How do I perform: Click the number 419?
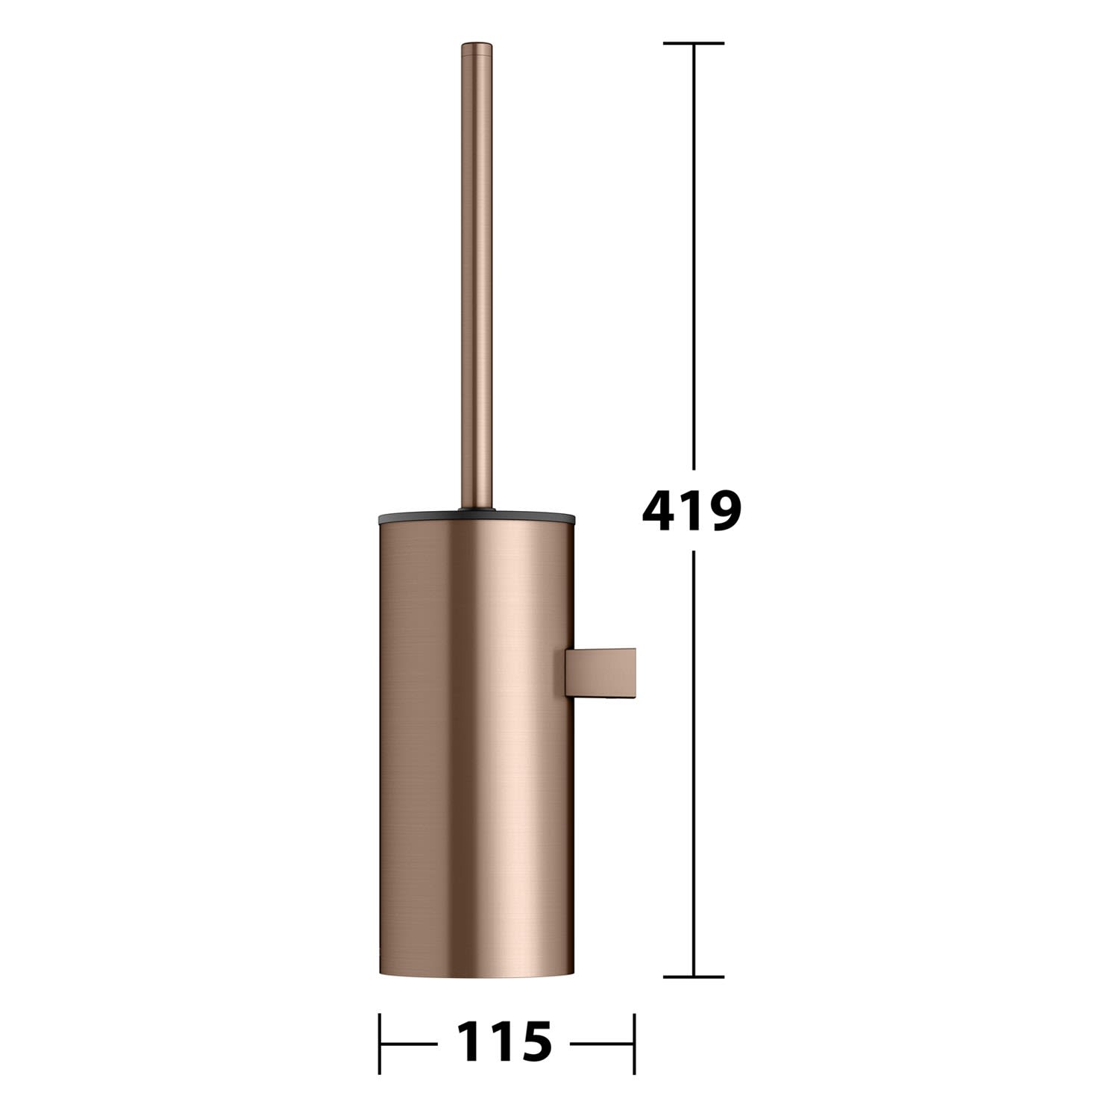(692, 511)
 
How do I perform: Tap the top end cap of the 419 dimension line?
(694, 43)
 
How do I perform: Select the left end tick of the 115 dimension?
(380, 1043)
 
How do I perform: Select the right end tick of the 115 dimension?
(633, 1043)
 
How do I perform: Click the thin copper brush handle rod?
(477, 276)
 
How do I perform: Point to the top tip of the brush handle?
(477, 43)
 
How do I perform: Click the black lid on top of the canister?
(477, 516)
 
